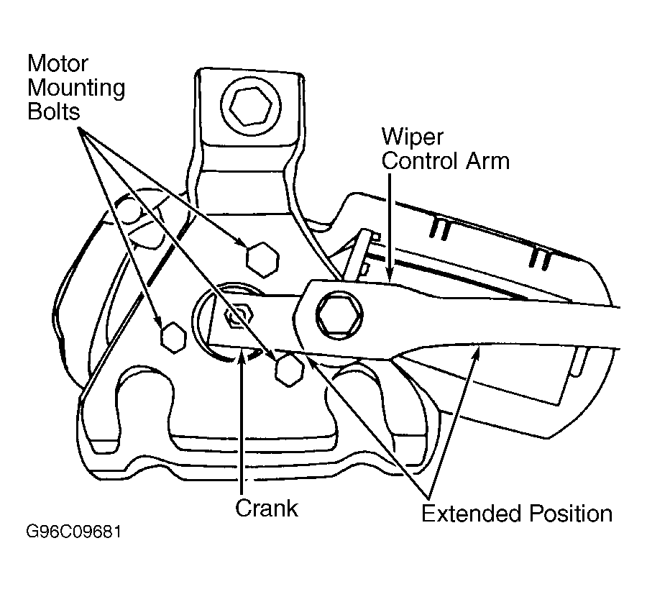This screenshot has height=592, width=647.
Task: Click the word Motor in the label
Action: point(58,63)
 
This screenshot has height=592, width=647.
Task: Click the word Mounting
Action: point(76,88)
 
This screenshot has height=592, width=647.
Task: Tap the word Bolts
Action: point(54,111)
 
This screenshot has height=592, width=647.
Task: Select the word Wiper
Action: point(412,137)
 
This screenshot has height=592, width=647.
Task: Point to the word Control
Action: point(420,160)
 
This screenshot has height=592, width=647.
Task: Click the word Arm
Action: point(487,160)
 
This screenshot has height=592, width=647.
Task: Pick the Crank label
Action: point(266,508)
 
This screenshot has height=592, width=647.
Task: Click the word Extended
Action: point(472,513)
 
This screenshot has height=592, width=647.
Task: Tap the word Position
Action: point(571,513)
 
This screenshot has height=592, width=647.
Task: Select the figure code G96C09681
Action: point(74,532)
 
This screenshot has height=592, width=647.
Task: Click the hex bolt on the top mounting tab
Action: point(251,107)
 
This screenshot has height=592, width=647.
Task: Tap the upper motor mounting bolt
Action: point(262,260)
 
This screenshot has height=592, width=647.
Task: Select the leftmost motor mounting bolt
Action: point(173,337)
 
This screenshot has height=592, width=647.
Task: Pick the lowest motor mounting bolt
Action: point(289,370)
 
